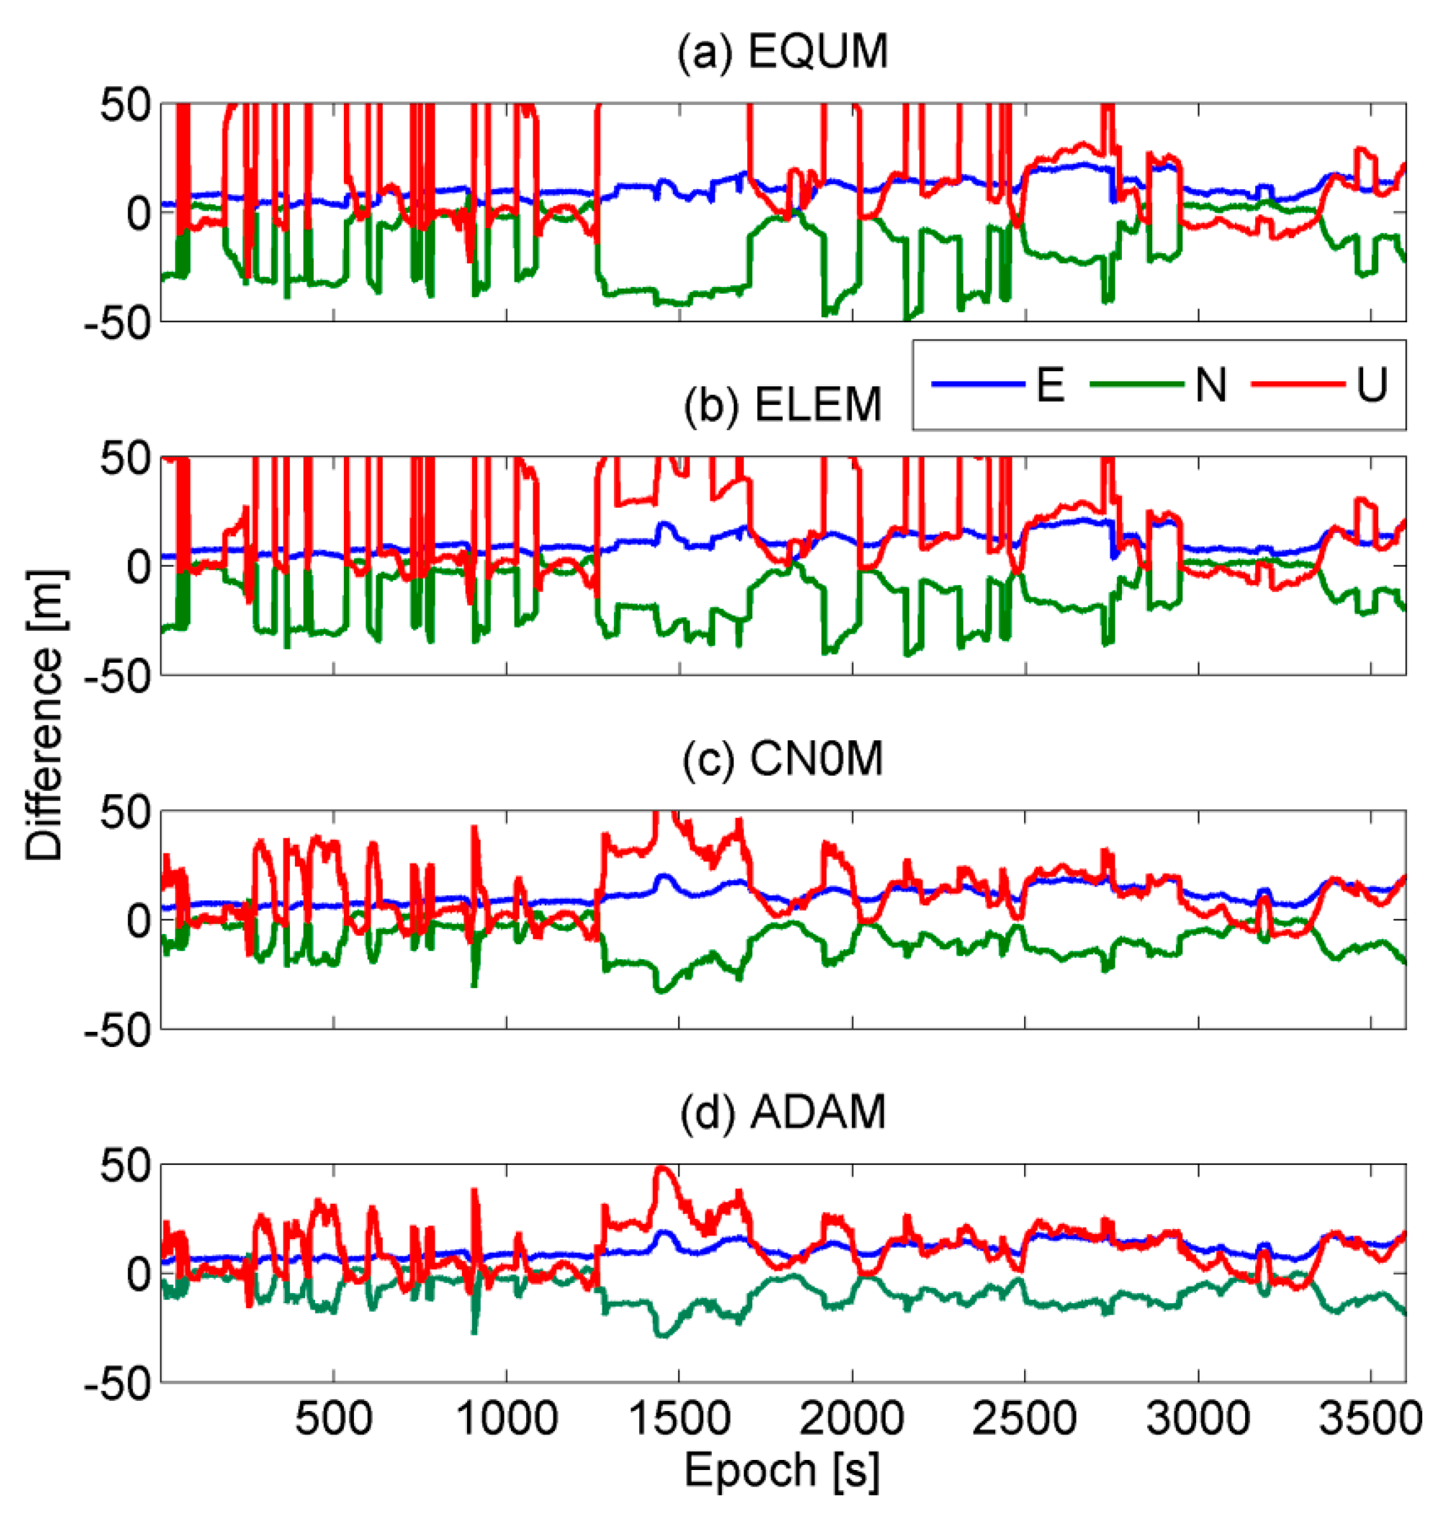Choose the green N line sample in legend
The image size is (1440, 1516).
point(1136,383)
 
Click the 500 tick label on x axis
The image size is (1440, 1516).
point(334,1420)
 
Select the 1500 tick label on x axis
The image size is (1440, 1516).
point(679,1420)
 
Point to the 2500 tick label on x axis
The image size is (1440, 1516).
point(1025,1420)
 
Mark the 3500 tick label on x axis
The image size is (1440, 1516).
point(1371,1420)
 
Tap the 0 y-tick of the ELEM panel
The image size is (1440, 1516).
point(138,567)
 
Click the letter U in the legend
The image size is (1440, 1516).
point(1372,384)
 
